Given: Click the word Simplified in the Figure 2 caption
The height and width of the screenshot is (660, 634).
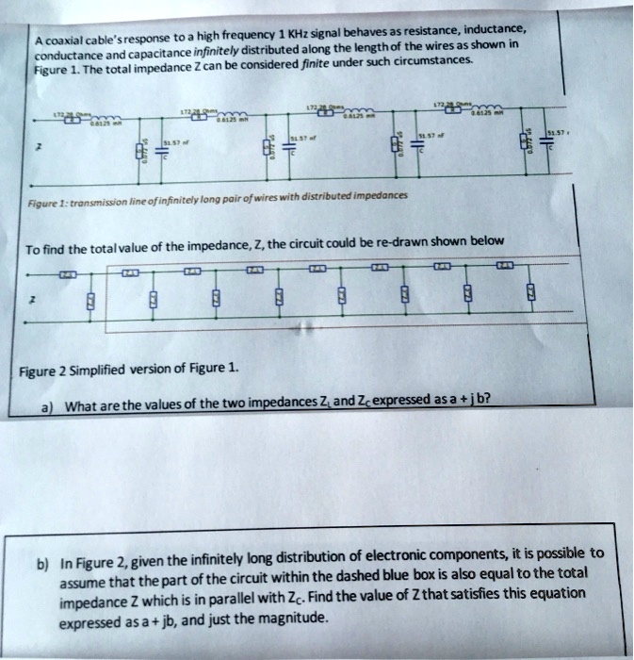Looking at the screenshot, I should (x=112, y=369).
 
